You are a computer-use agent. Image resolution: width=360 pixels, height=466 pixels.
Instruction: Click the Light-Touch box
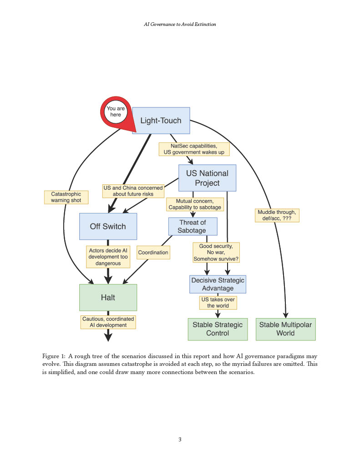161,120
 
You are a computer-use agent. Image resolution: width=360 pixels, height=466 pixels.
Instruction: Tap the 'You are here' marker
116,112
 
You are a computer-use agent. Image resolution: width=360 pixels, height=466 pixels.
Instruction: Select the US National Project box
207,178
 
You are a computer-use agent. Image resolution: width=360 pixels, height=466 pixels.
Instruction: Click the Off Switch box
108,226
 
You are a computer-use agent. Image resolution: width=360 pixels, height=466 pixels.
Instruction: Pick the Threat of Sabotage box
193,227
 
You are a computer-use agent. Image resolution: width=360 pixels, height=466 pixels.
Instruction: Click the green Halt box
108,298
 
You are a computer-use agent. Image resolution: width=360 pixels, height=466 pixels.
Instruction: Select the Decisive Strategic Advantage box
218,284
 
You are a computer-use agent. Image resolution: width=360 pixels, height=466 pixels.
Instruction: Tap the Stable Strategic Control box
218,329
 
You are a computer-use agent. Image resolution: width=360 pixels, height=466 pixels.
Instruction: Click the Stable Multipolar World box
286,329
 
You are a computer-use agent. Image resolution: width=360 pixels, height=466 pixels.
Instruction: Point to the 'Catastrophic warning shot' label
66,197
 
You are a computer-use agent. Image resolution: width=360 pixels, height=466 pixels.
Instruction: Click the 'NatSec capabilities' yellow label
194,149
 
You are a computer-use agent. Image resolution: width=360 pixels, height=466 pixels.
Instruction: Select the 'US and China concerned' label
133,191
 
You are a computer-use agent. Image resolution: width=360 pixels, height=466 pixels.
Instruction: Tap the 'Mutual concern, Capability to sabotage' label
195,204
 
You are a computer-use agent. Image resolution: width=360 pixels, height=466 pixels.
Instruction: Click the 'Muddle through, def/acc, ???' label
277,215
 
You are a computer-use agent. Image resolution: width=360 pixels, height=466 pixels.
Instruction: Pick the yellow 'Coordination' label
153,252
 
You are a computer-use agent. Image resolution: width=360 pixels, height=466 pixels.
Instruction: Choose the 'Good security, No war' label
216,252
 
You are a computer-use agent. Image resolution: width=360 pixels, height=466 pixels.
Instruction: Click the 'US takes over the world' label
218,303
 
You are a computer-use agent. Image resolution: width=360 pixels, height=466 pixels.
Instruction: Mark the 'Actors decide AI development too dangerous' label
108,257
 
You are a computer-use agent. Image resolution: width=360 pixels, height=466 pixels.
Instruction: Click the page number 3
180,439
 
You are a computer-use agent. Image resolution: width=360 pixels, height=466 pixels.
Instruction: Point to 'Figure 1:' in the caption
54,356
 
